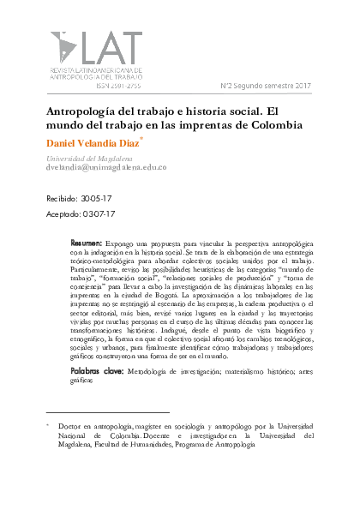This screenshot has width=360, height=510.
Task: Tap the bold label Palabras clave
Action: tap(97, 395)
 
